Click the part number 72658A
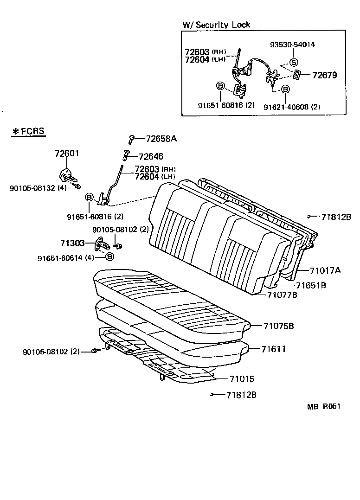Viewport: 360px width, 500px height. (x=158, y=139)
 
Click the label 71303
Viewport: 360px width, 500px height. (x=72, y=243)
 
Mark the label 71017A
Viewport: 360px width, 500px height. (x=325, y=270)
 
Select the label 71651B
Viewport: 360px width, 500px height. (x=311, y=285)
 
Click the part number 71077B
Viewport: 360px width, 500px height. (x=282, y=295)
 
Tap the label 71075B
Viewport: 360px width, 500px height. (x=279, y=326)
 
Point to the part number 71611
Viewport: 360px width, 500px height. (x=273, y=349)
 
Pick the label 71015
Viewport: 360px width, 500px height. (x=242, y=379)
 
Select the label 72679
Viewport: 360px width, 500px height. (x=324, y=75)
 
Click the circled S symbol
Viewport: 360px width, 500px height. (x=294, y=62)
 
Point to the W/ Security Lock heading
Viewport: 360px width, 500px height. (x=217, y=25)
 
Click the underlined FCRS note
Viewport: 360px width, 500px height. (x=28, y=131)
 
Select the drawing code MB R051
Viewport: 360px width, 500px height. (x=323, y=406)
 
